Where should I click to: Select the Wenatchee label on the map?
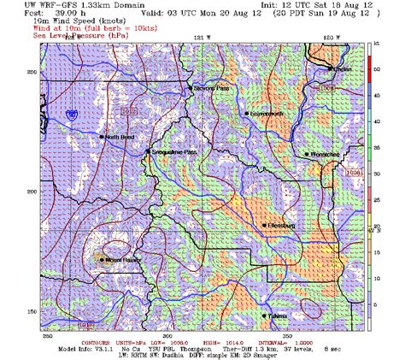325,154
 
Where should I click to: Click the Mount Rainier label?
124,259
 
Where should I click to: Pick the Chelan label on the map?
343,68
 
